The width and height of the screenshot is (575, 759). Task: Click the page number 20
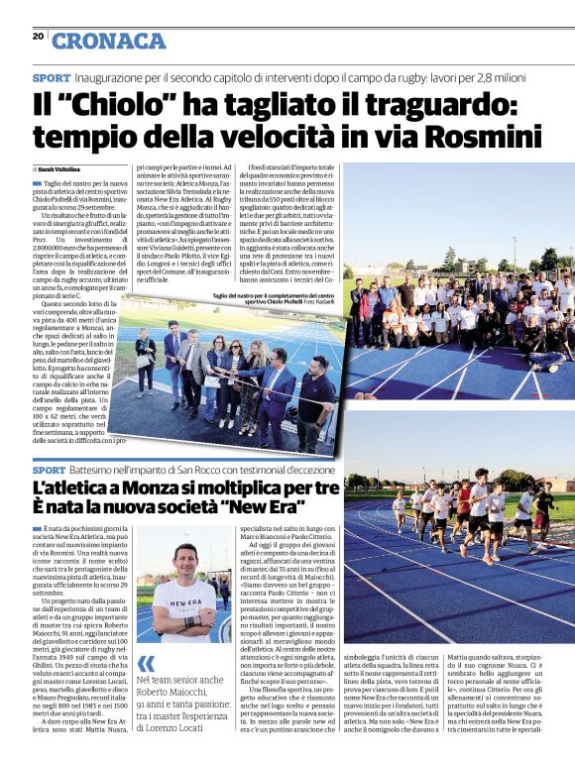tap(38, 36)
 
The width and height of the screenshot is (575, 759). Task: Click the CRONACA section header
tap(108, 41)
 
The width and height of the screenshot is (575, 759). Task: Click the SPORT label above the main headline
tap(51, 77)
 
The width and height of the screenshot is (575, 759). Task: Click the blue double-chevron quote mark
tap(146, 663)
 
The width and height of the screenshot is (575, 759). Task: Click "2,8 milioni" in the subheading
tap(519, 77)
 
